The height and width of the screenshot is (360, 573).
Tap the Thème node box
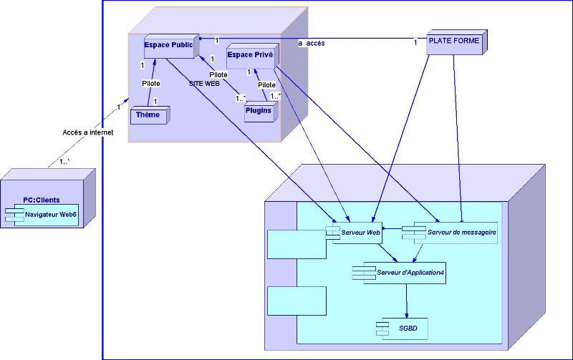pos(148,115)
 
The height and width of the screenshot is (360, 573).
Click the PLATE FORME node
pos(453,42)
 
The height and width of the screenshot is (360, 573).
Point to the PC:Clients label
pos(42,200)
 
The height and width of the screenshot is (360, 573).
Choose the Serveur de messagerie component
pos(450,233)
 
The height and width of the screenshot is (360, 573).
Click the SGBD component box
pos(403,327)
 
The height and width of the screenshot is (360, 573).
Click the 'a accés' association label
pos(312,44)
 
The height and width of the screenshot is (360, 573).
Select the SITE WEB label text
pos(204,84)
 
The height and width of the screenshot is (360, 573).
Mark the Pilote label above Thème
pos(150,84)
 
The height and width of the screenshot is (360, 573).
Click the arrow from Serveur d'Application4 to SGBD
pos(407,301)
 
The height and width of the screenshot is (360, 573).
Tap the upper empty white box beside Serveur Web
pos(296,244)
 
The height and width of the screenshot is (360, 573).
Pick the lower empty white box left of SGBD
pos(296,301)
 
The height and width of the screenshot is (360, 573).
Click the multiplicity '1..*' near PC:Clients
pos(64,161)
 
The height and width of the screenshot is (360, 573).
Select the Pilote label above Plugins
pos(266,84)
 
